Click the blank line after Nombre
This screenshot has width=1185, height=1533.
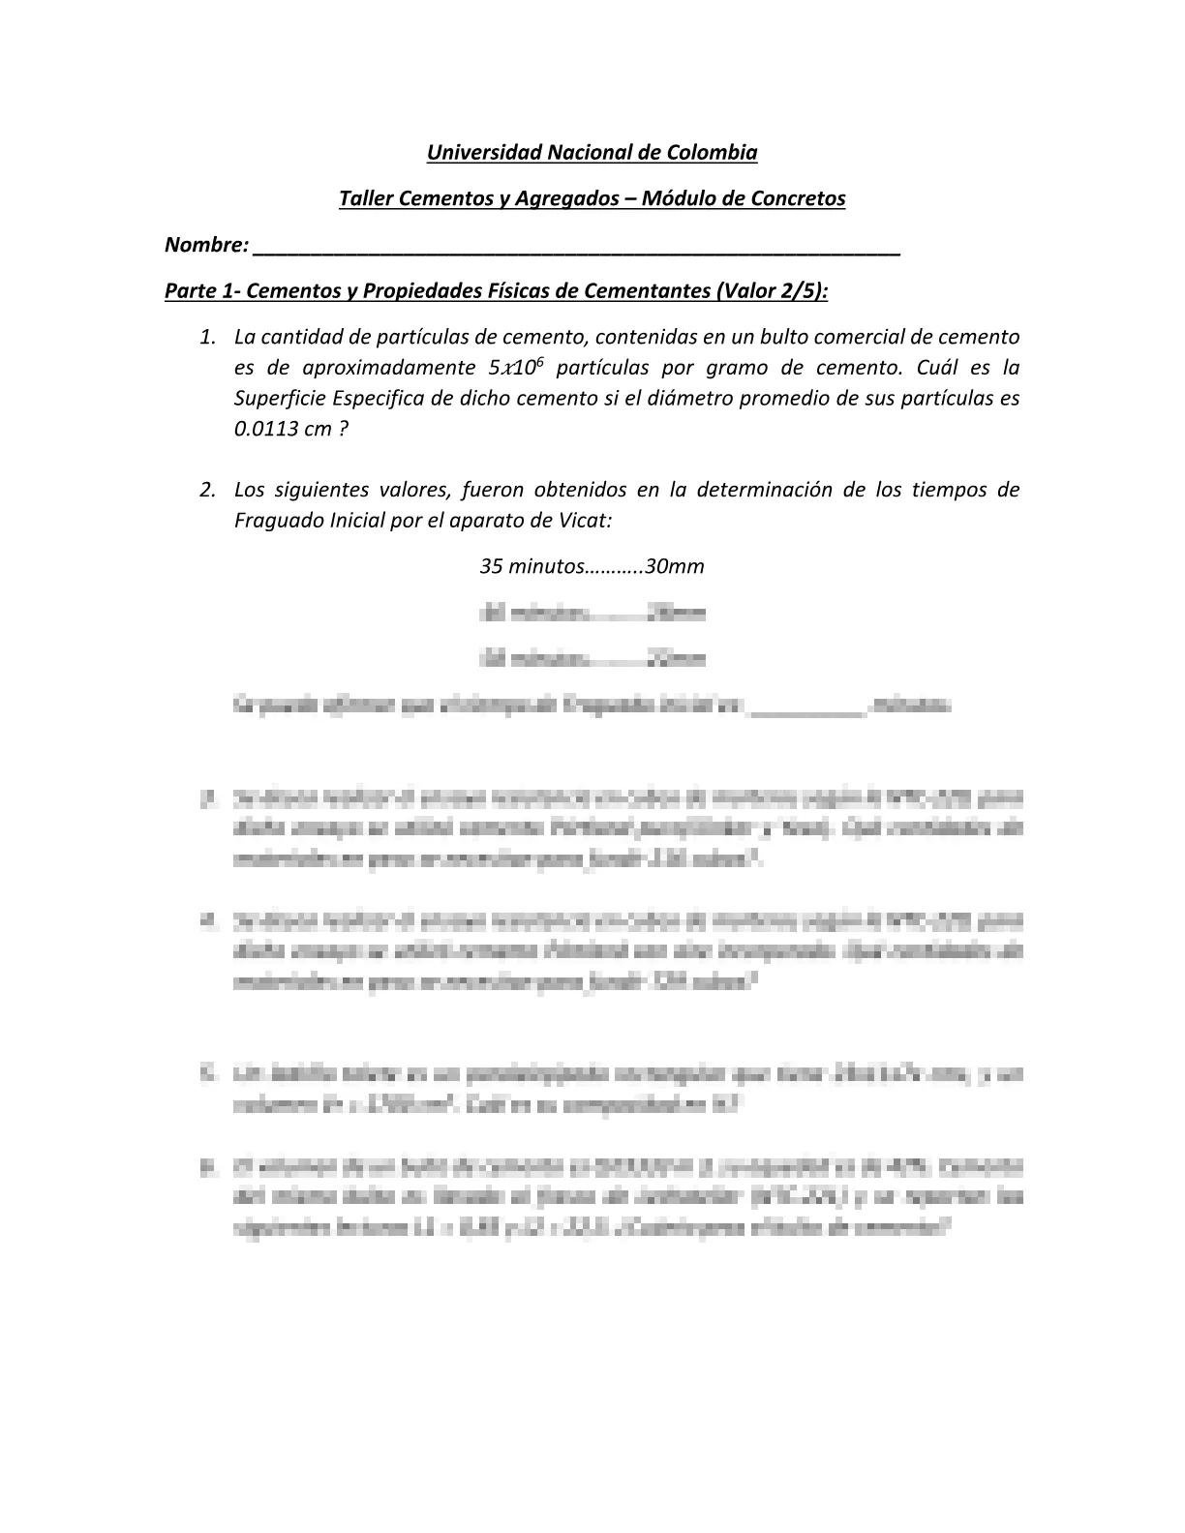[576, 247]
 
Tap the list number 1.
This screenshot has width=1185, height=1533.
[206, 337]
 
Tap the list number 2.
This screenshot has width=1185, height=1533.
[206, 490]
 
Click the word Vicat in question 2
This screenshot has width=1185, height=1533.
[586, 521]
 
